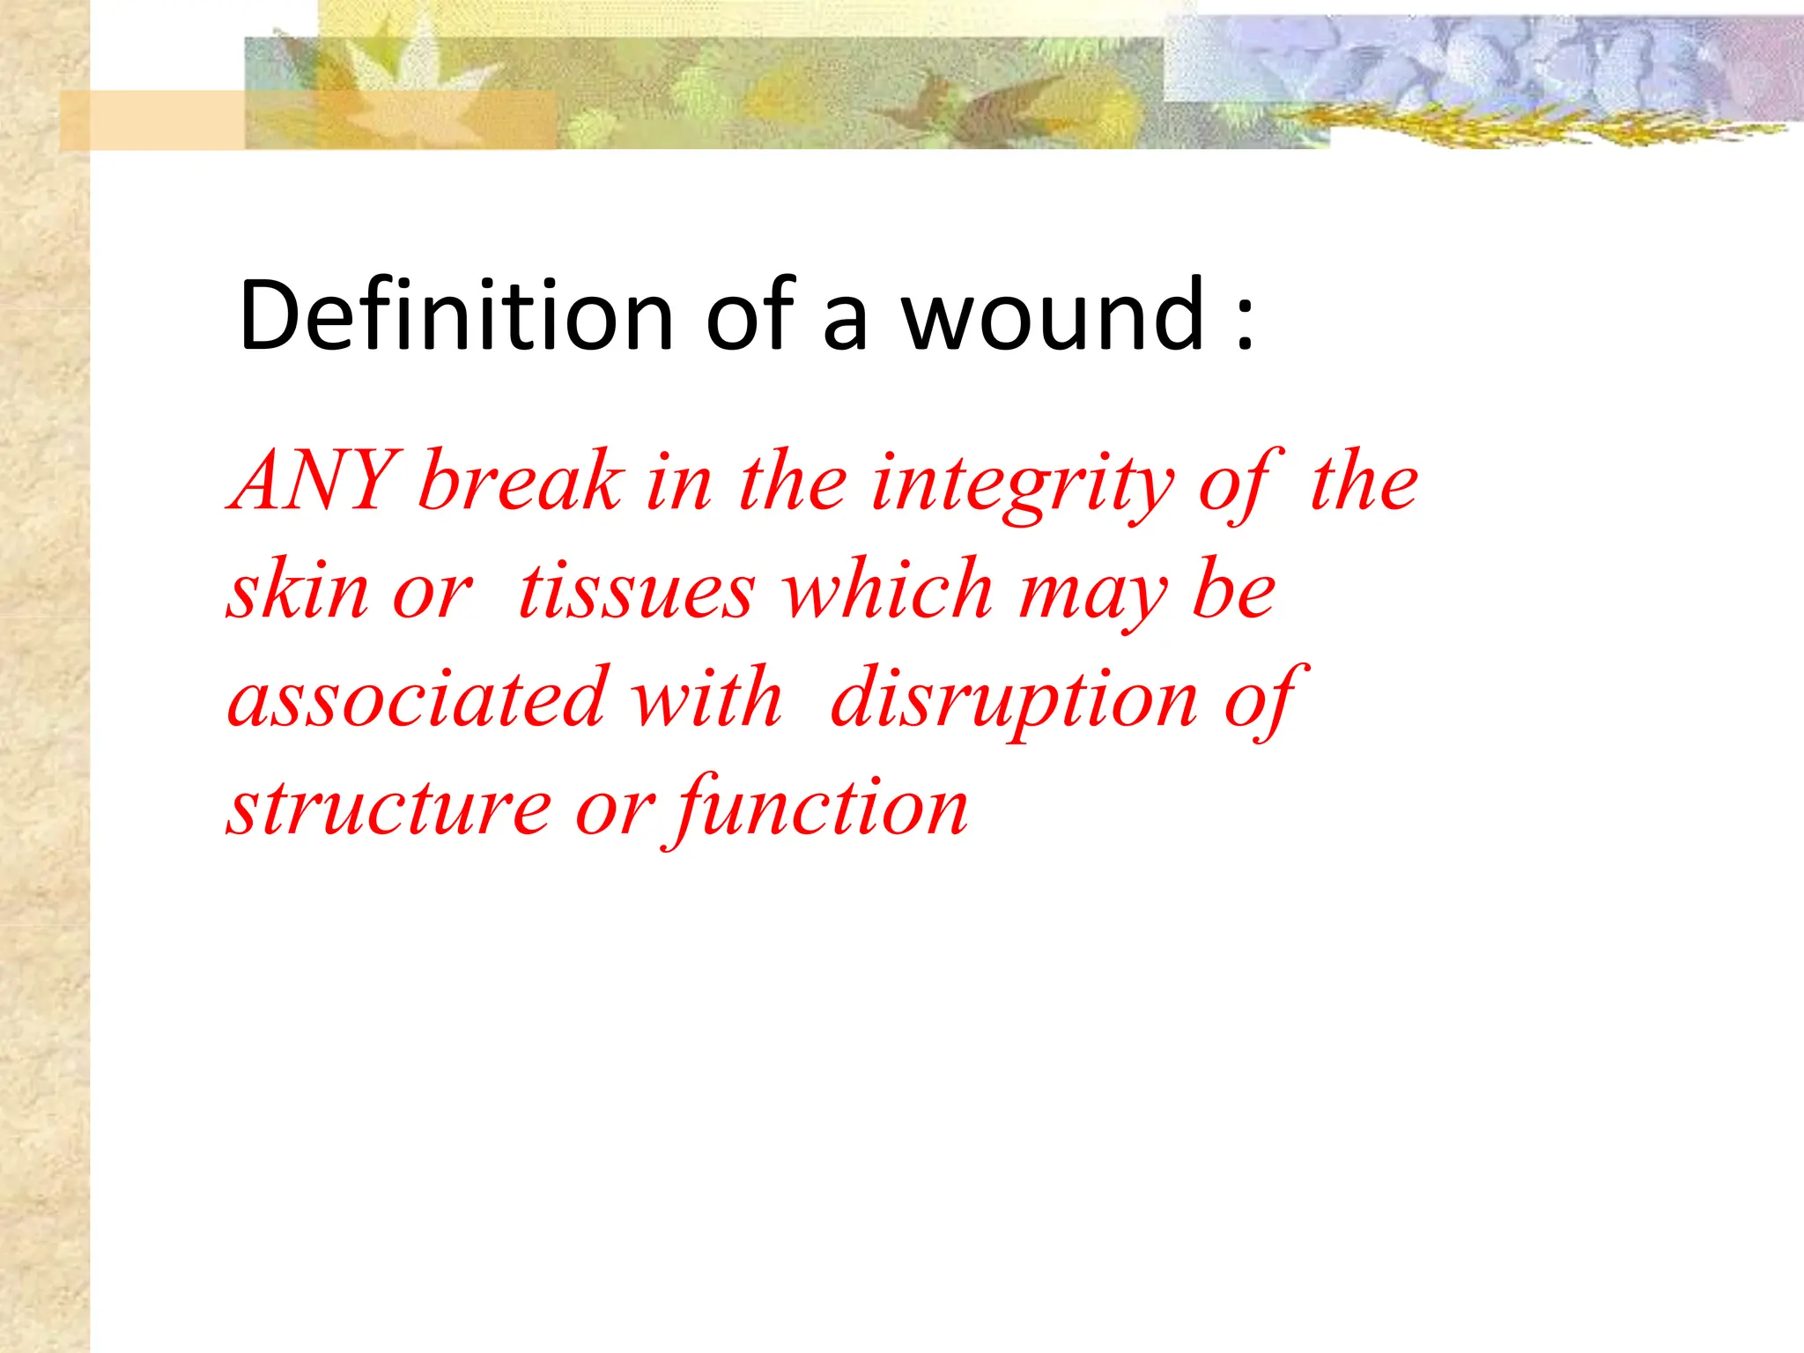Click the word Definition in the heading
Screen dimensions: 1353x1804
coord(455,314)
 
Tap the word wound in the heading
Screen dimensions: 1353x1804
coord(1054,314)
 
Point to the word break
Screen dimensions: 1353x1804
coord(520,481)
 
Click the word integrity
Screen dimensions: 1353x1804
coord(1022,484)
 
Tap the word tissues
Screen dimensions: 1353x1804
coord(636,590)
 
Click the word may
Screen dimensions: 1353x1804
coord(1092,595)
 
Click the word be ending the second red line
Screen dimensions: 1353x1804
coord(1233,590)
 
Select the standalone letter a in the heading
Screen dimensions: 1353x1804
coord(844,322)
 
